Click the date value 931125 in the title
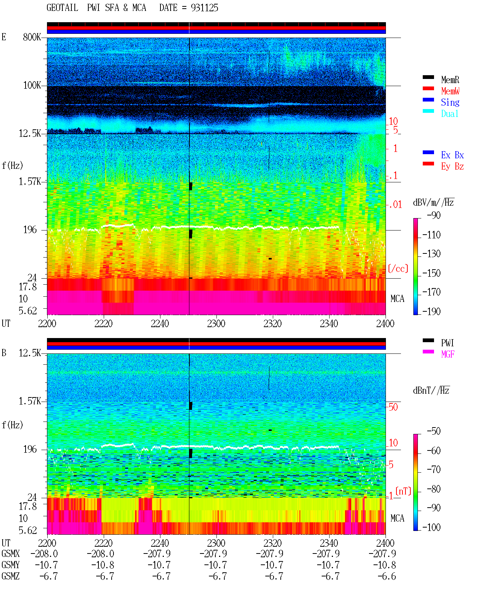click(x=204, y=8)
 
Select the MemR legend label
click(x=450, y=80)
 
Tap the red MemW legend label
click(x=450, y=91)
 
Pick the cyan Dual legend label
click(x=449, y=114)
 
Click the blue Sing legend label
click(x=450, y=102)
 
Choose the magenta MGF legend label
click(x=448, y=354)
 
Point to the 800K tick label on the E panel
click(x=32, y=37)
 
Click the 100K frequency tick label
click(x=32, y=85)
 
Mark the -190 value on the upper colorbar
click(x=431, y=311)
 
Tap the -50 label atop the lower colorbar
click(x=434, y=431)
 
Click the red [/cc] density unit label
click(x=398, y=268)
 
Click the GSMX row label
click(x=11, y=554)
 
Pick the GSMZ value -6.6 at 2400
click(x=387, y=576)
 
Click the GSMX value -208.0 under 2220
click(x=100, y=554)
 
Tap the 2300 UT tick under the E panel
click(x=216, y=324)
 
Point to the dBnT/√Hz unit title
click(x=431, y=391)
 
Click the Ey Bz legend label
click(x=452, y=167)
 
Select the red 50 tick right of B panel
click(x=393, y=407)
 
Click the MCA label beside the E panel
click(x=397, y=299)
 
